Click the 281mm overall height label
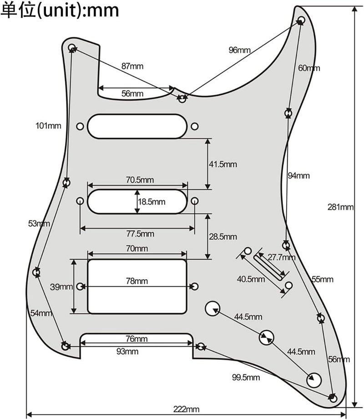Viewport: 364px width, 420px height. tap(340, 207)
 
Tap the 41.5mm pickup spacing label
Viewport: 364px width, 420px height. tap(222, 164)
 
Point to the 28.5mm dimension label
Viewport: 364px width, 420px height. tap(222, 236)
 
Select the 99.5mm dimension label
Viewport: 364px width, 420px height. tap(245, 377)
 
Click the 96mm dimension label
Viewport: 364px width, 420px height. tap(239, 50)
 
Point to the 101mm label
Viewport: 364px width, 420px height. tap(48, 125)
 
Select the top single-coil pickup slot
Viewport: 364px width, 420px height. tap(137, 126)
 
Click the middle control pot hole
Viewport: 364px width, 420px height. tap(266, 338)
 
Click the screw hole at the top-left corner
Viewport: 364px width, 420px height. tap(71, 47)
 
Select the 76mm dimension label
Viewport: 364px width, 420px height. tap(136, 339)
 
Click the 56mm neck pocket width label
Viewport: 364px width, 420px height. tap(132, 94)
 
